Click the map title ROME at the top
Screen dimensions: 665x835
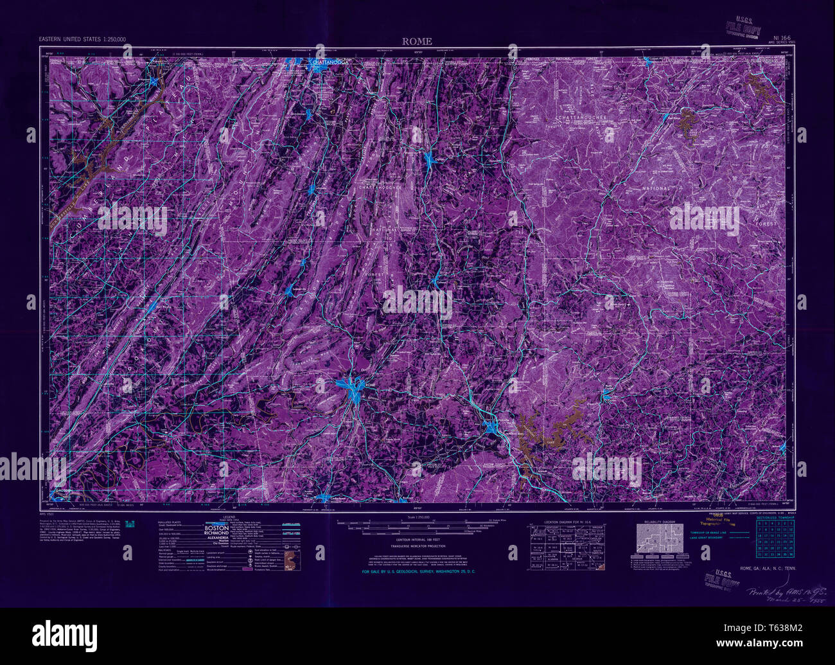pos(417,42)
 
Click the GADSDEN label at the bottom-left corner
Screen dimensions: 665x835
pos(62,492)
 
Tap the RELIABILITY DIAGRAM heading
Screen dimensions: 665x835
pos(659,522)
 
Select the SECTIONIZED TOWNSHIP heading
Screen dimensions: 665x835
pos(775,517)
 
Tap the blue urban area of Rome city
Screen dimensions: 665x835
pos(351,388)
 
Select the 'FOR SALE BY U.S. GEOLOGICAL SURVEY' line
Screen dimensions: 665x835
pos(418,571)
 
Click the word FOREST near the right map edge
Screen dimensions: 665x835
pos(766,224)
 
